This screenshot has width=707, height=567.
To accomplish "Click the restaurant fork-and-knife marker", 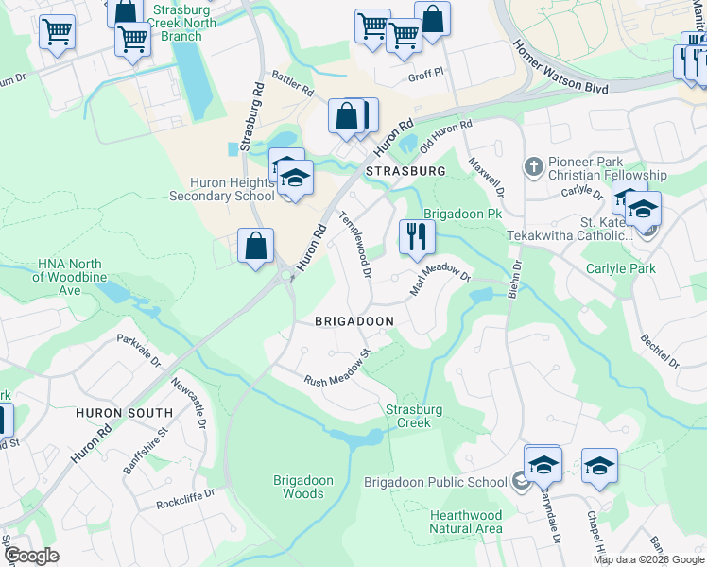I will pyautogui.click(x=417, y=236).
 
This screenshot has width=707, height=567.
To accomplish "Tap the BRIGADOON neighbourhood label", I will pyautogui.click(x=354, y=321).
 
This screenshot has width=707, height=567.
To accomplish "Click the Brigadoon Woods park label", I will pyautogui.click(x=303, y=487).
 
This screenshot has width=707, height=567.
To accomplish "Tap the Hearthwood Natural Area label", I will pyautogui.click(x=465, y=522).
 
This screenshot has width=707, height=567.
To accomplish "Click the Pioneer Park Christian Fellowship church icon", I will pyautogui.click(x=534, y=167).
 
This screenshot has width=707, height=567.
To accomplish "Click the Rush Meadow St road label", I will pyautogui.click(x=336, y=368).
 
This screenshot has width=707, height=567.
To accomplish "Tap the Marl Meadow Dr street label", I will pyautogui.click(x=440, y=278).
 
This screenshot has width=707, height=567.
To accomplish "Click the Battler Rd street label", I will pyautogui.click(x=293, y=91).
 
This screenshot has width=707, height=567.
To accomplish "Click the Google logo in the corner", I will pyautogui.click(x=31, y=556).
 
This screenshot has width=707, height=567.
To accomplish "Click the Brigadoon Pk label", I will pyautogui.click(x=461, y=214).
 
